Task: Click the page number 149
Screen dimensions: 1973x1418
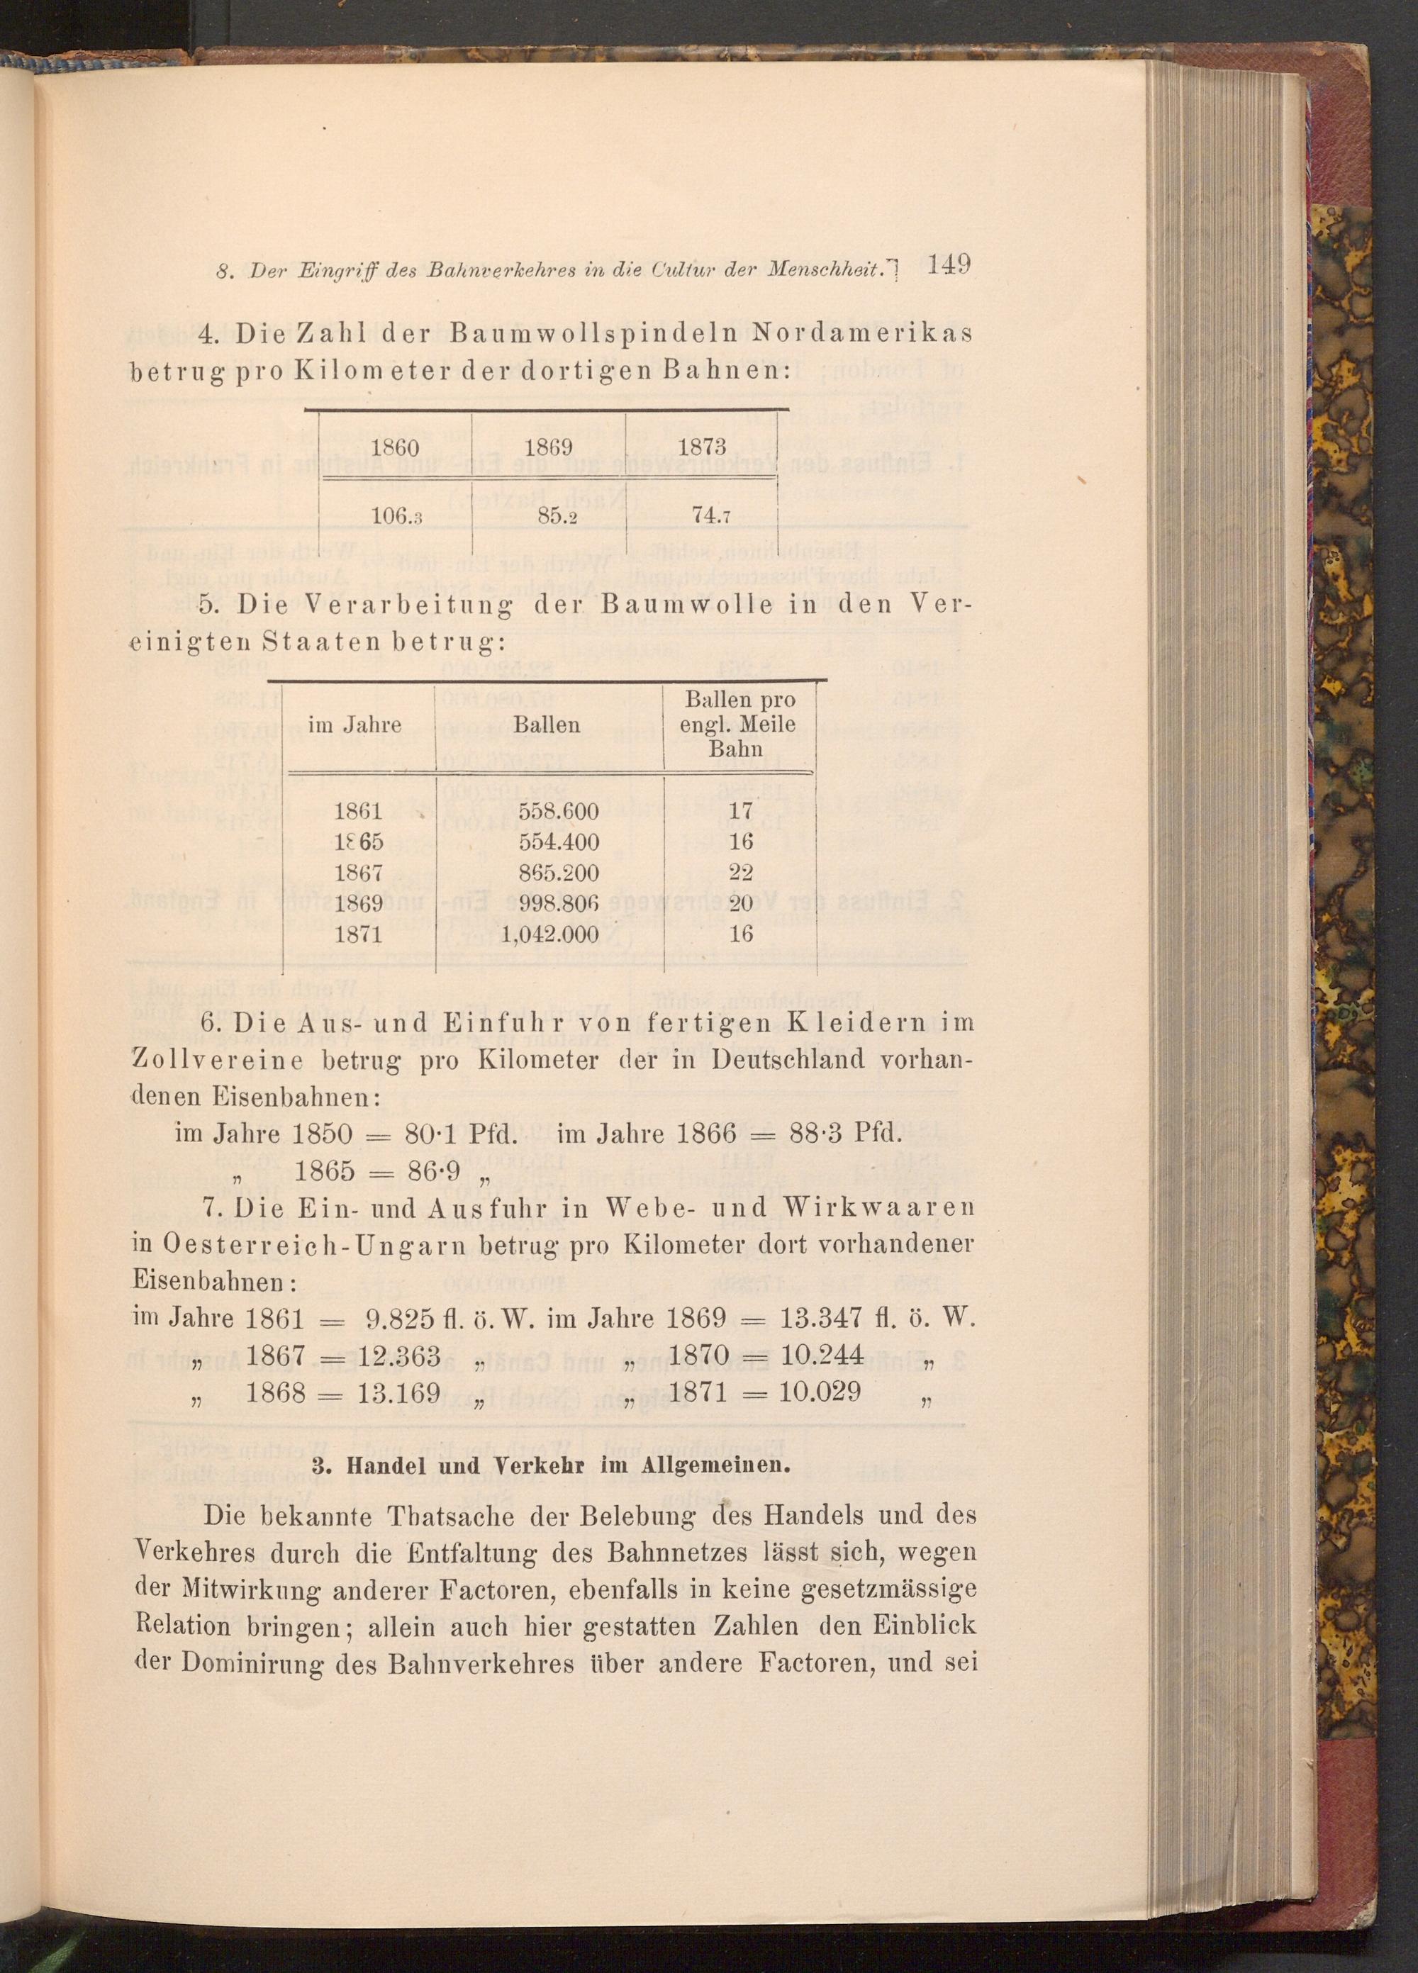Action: [x=949, y=264]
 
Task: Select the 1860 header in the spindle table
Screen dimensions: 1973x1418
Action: [x=395, y=447]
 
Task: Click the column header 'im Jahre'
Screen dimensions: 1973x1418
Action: [x=355, y=725]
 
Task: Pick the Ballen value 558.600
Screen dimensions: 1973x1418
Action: [x=559, y=812]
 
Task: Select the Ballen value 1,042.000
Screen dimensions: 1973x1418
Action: [x=552, y=934]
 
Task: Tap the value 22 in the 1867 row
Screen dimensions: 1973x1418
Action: [x=740, y=873]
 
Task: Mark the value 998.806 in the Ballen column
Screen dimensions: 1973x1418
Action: [x=559, y=904]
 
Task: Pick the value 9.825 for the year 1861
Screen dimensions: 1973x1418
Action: [x=399, y=1319]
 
